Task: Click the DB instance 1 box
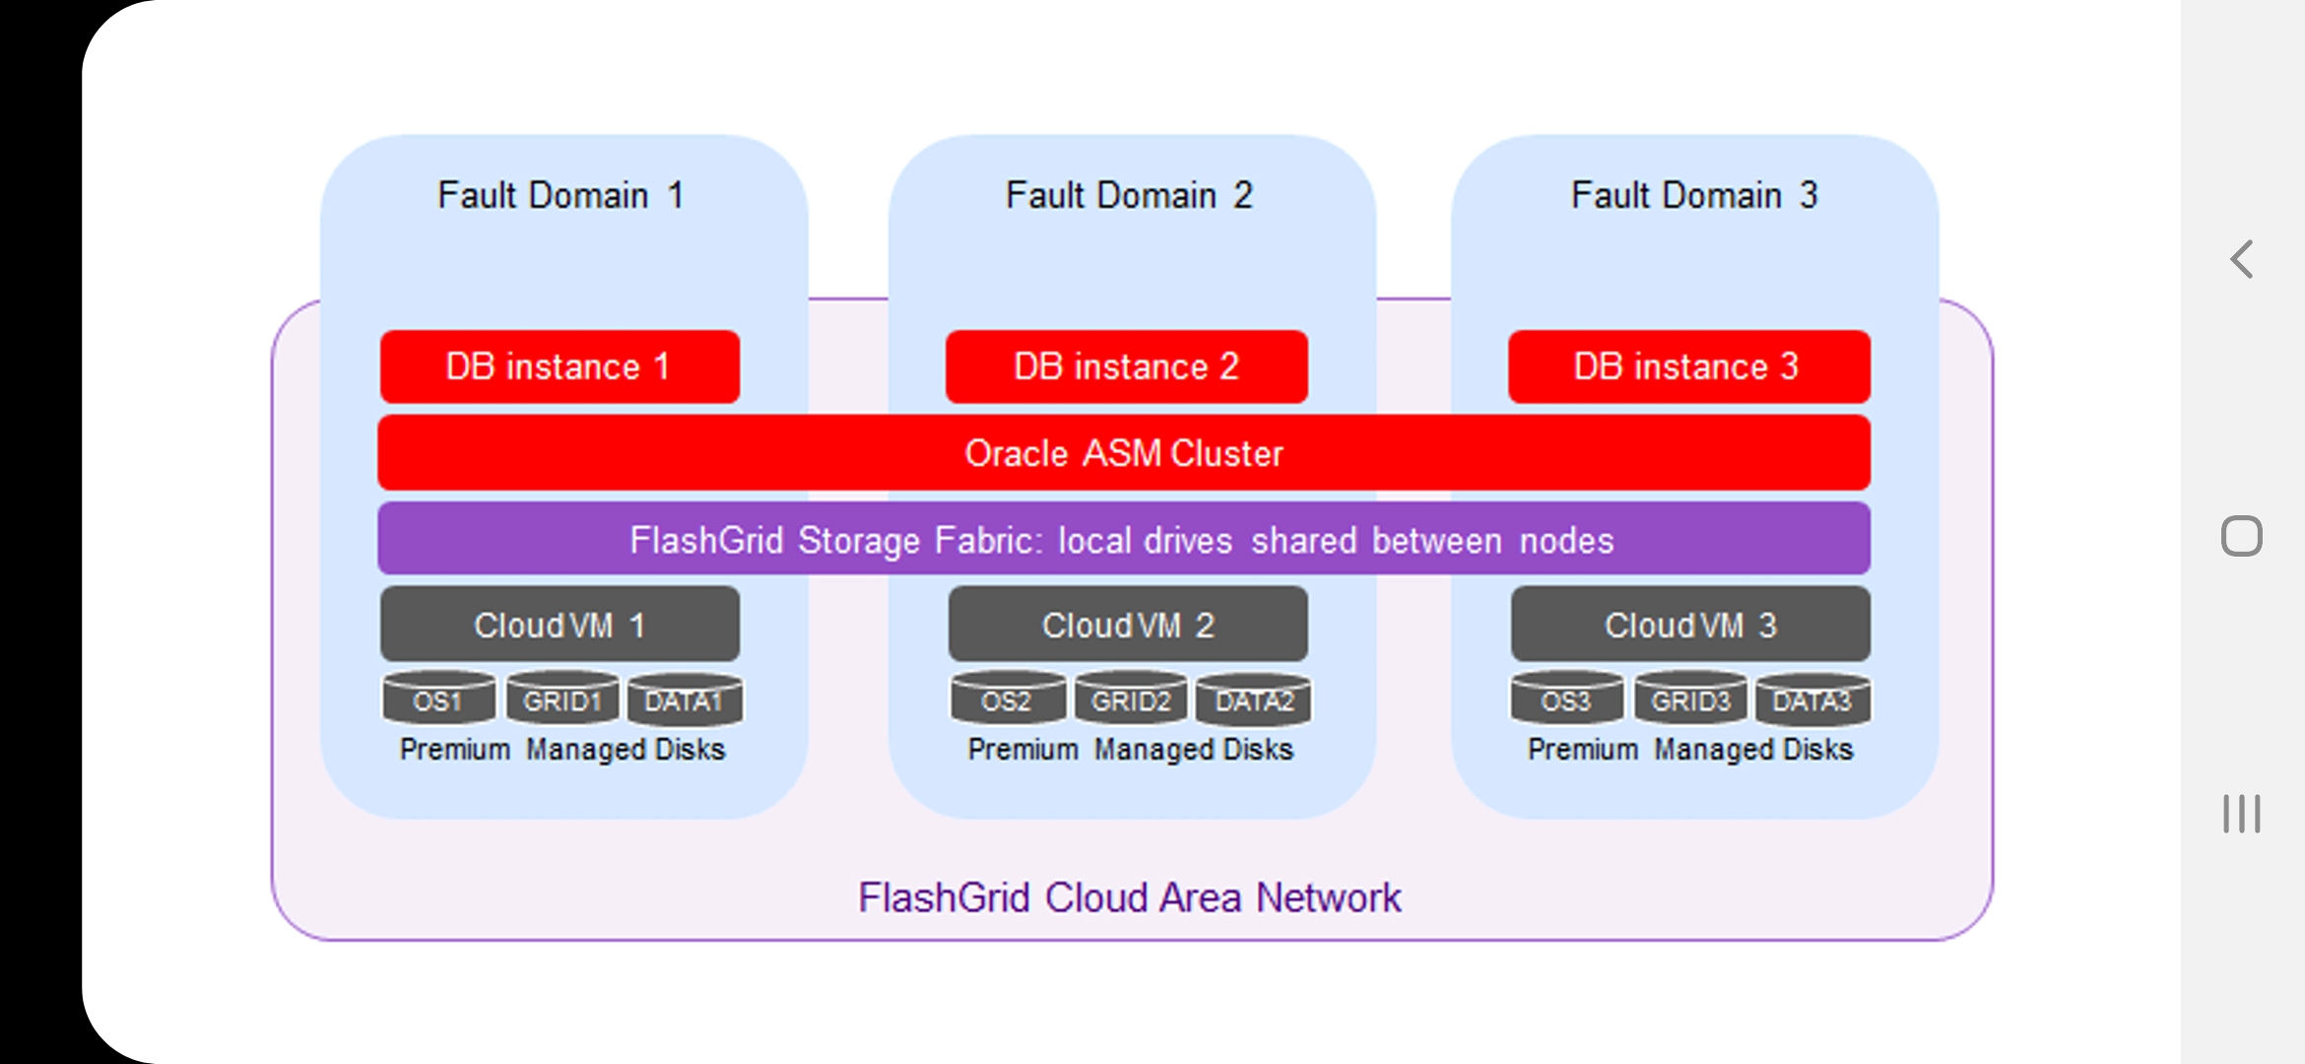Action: tap(560, 366)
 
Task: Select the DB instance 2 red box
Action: tap(1126, 366)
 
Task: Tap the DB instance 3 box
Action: tap(1688, 366)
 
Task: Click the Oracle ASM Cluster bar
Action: tap(1123, 453)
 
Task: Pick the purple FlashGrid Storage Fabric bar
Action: tap(1123, 540)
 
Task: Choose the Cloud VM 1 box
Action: tap(560, 625)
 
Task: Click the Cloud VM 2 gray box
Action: tap(1128, 625)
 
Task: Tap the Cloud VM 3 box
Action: tap(1690, 625)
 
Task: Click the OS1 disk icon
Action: tap(438, 698)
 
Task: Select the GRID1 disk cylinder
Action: tap(562, 698)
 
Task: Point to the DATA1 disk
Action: tap(685, 698)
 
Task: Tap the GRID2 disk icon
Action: tap(1131, 698)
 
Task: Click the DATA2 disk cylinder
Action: tap(1253, 698)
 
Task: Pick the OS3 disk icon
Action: tap(1566, 698)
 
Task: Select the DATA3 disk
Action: tap(1812, 698)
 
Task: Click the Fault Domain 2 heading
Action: tap(1129, 195)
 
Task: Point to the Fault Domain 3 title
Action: tap(1694, 195)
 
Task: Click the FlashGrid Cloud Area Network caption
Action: tap(1129, 898)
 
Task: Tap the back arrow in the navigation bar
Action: tap(2242, 259)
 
